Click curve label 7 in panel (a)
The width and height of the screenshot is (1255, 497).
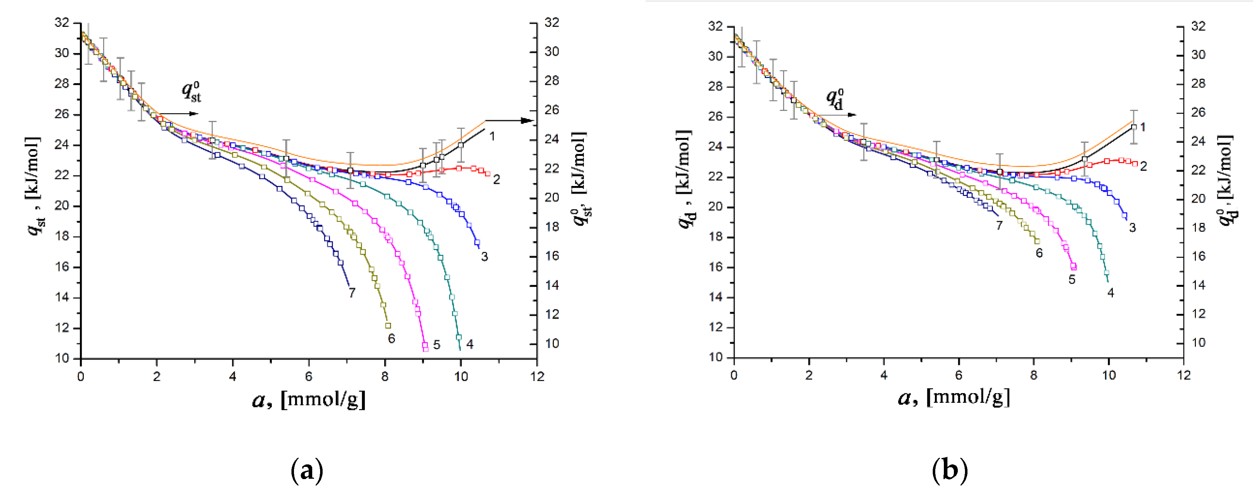pyautogui.click(x=352, y=293)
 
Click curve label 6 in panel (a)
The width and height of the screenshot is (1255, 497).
pyautogui.click(x=391, y=339)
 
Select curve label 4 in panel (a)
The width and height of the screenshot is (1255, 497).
pyautogui.click(x=470, y=345)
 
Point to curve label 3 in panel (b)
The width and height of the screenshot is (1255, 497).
pyautogui.click(x=1132, y=228)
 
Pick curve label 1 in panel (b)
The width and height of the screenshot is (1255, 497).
pyautogui.click(x=1143, y=127)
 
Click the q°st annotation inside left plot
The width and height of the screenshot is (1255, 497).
pyautogui.click(x=191, y=92)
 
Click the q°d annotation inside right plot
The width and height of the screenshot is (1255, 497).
pyautogui.click(x=835, y=99)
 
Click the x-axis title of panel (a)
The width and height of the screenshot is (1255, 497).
pyautogui.click(x=309, y=400)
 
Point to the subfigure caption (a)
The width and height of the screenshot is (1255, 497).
pyautogui.click(x=307, y=470)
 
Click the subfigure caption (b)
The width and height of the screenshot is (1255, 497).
pyautogui.click(x=950, y=470)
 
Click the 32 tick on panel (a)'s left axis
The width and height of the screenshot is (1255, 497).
pyautogui.click(x=62, y=23)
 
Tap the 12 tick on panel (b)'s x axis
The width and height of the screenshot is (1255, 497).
pyautogui.click(x=1184, y=375)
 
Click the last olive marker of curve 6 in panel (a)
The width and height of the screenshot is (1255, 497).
pyautogui.click(x=388, y=325)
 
